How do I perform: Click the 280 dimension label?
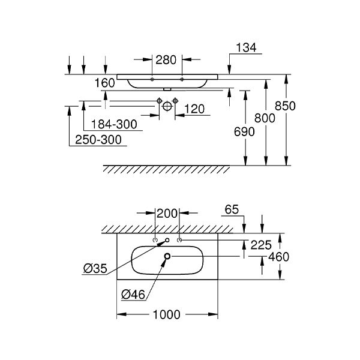(166, 60)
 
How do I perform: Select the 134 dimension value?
(246, 48)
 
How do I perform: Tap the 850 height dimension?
(285, 106)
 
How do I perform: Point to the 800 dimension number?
(265, 118)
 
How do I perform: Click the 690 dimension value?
(244, 132)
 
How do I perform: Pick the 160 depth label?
(104, 83)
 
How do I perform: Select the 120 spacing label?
(194, 109)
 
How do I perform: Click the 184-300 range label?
(114, 124)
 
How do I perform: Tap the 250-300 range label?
(98, 140)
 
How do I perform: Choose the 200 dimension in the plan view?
(167, 214)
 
